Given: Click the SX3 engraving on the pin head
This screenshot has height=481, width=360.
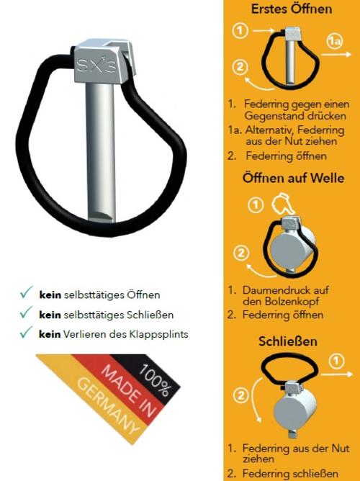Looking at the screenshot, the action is pyautogui.click(x=96, y=65).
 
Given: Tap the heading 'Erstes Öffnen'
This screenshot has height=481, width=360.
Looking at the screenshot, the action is pyautogui.click(x=292, y=9).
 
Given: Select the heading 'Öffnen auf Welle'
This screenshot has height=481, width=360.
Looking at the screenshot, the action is pyautogui.click(x=293, y=178).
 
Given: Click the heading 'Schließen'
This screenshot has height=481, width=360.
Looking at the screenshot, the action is pyautogui.click(x=287, y=341).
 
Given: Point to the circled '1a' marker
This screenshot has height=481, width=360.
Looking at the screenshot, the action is pyautogui.click(x=334, y=41).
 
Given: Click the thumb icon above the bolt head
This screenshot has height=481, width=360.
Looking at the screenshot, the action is pyautogui.click(x=283, y=203).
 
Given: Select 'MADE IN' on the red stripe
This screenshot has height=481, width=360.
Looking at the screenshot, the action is pyautogui.click(x=129, y=390).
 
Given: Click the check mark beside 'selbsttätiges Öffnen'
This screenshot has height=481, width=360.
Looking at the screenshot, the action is pyautogui.click(x=26, y=292).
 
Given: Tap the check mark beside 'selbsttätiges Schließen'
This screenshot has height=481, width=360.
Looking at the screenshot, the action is pyautogui.click(x=26, y=312).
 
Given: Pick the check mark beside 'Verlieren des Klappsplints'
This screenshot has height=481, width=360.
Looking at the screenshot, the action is pyautogui.click(x=26, y=332).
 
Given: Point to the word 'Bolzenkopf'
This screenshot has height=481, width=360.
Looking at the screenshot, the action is pyautogui.click(x=281, y=302).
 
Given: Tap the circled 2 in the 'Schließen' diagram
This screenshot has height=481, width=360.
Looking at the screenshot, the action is pyautogui.click(x=241, y=395).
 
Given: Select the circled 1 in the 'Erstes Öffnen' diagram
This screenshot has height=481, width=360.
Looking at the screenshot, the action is pyautogui.click(x=240, y=31).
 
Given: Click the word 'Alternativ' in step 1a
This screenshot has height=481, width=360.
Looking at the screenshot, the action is pyautogui.click(x=269, y=130).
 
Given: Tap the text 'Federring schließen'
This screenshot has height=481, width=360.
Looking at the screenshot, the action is pyautogui.click(x=290, y=473).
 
